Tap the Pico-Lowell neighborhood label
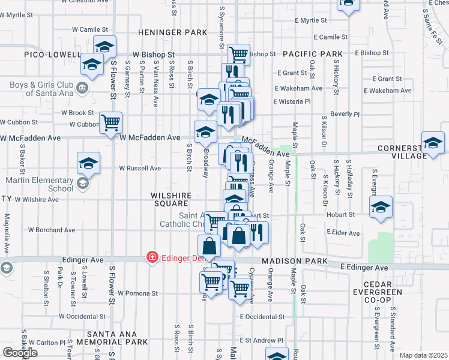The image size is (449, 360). click(52, 55)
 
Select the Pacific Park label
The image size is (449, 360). click(313, 54)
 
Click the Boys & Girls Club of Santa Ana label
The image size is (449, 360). click(41, 89)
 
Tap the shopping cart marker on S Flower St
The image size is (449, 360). click(111, 123)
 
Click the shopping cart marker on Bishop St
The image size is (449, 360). click(238, 55)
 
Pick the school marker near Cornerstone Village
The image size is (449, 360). click(433, 143)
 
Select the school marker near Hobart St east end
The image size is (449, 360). click(379, 208)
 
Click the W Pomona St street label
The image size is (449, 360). click(137, 293)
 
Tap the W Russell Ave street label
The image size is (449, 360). click(140, 169)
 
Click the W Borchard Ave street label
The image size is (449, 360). click(52, 230)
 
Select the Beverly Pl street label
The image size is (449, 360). click(345, 113)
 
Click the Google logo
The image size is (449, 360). click(20, 353)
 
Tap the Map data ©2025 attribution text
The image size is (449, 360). click(423, 355)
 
